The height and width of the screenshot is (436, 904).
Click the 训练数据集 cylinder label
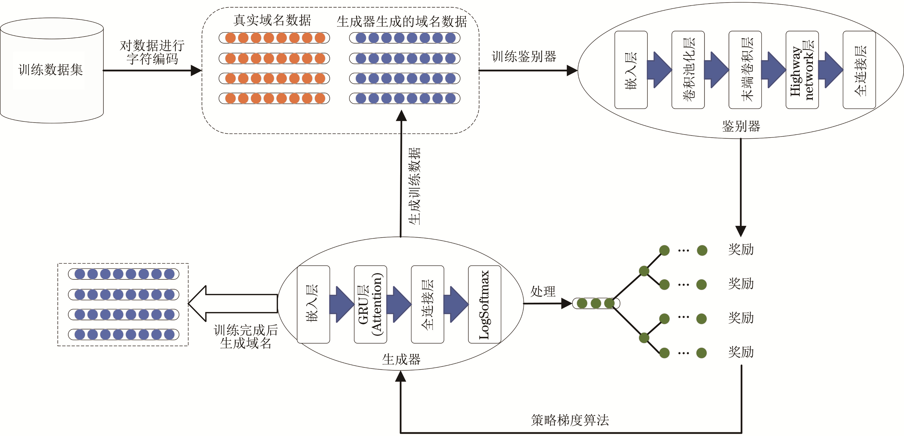50,70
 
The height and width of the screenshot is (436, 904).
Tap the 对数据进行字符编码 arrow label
152,52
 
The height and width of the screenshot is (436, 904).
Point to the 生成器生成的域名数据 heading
402,22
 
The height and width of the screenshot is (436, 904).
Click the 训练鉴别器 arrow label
524,56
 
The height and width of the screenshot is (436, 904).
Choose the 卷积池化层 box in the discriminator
688,70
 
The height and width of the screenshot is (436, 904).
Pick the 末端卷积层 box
745,70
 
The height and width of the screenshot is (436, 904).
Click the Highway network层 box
802,70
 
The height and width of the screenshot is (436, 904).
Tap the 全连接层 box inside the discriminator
859,70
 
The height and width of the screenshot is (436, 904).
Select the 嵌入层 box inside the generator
313,304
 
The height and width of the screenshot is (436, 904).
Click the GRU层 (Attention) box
370,304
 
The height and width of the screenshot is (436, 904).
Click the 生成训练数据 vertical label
414,186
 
